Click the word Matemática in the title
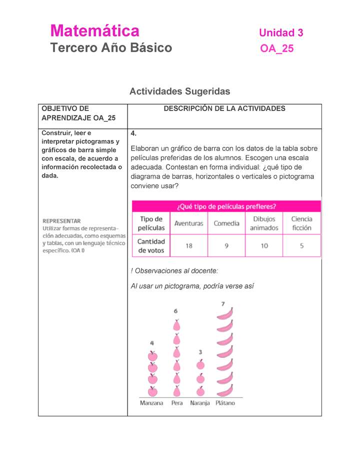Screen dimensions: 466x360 [94, 31]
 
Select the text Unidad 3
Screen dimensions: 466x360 [280, 33]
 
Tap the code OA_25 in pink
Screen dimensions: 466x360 [276, 48]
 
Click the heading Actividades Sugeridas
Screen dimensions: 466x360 [179, 91]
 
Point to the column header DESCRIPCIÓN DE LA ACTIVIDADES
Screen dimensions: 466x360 [224, 108]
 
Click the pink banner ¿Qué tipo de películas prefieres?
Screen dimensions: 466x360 [226, 206]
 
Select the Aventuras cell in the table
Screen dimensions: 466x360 [188, 223]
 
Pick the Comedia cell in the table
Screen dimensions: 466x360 [226, 223]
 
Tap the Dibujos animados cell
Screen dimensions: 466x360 [264, 223]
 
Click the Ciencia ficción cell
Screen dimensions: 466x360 [301, 223]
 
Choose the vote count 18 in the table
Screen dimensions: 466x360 [189, 245]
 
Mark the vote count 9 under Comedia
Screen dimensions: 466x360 [226, 245]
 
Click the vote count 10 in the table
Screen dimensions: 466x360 [264, 245]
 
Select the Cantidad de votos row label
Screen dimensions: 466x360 [151, 245]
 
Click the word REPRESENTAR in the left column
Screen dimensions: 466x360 [61, 220]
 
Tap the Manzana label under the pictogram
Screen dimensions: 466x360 [151, 403]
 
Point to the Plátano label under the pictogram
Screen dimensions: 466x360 [225, 403]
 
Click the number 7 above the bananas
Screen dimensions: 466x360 [223, 303]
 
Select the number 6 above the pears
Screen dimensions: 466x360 [175, 311]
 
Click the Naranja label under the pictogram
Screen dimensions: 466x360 [200, 403]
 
